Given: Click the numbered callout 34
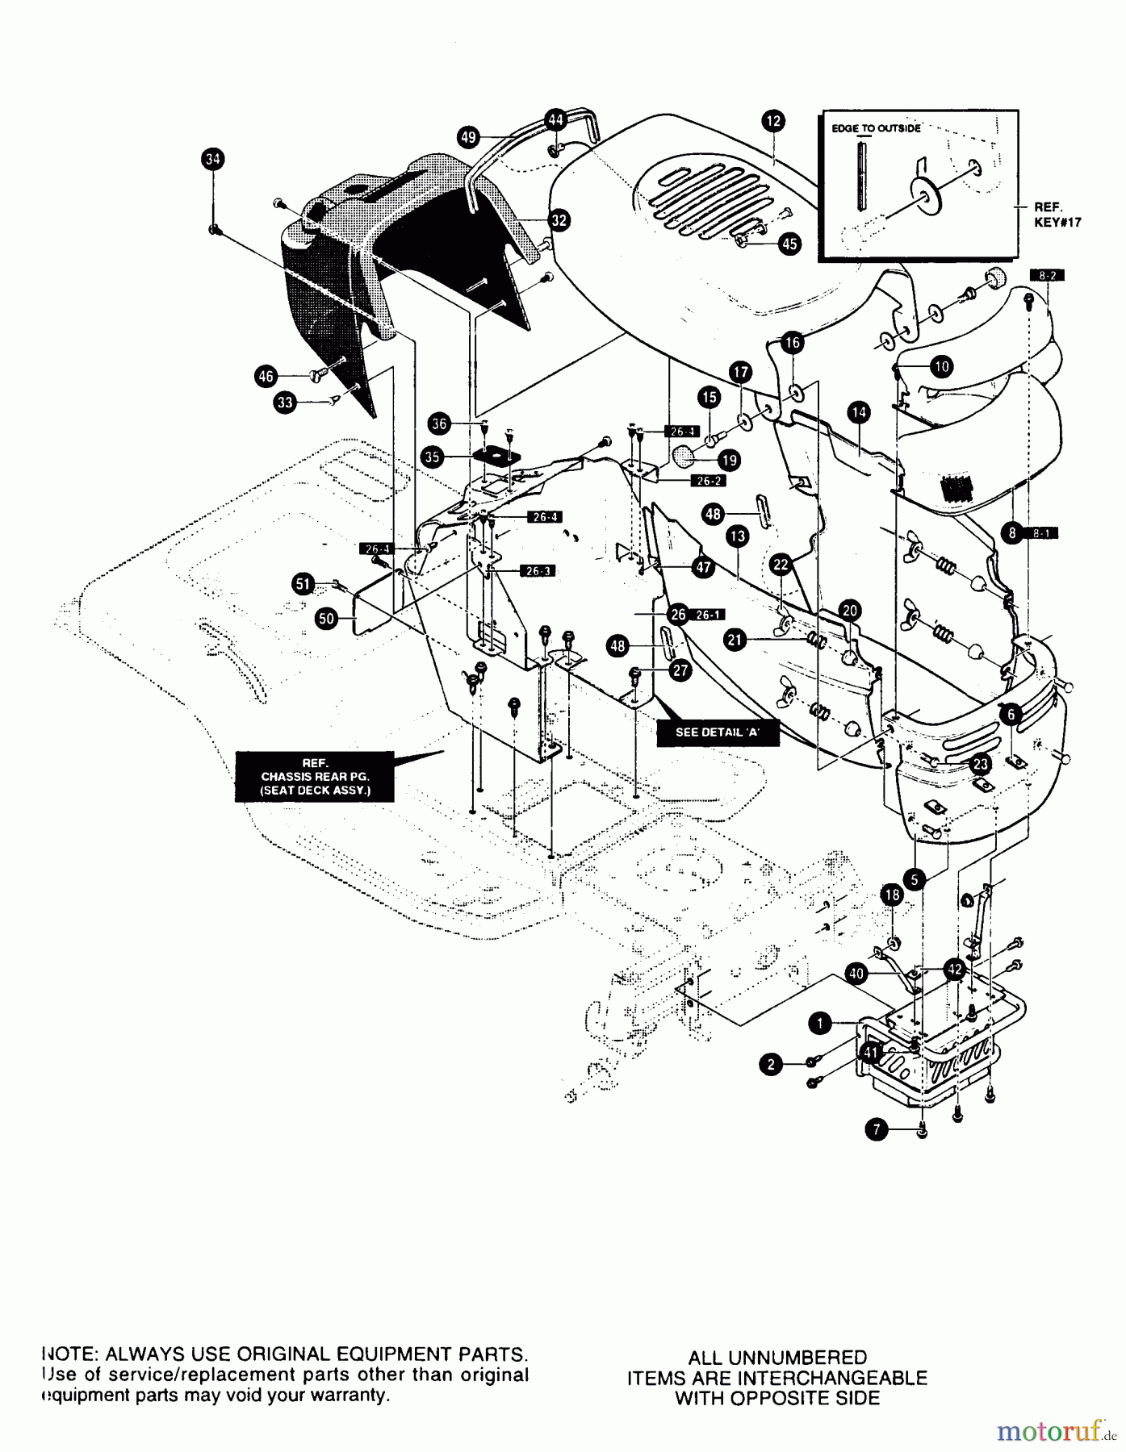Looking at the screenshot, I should point(212,160).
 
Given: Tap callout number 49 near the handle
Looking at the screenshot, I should point(468,136).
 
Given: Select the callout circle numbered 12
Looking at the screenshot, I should point(772,120).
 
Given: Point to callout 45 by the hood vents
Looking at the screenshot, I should point(789,243).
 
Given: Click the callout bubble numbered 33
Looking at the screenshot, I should point(284,403).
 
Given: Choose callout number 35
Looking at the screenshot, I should point(433,457).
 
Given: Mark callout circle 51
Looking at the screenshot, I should point(303,585).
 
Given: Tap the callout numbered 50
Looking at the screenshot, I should point(326,619).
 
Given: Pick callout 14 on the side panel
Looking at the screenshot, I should point(858,412).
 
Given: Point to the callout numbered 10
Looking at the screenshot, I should point(941,367).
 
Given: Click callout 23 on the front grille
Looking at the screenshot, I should point(980,763).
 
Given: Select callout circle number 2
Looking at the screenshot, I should point(771,1065).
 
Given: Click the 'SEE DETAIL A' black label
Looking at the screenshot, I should point(718,733).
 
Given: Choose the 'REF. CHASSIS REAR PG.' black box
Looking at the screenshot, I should point(315,776).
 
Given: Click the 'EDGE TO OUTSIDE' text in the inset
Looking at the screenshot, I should point(876,128).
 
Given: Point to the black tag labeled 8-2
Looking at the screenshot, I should point(1047,275).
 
